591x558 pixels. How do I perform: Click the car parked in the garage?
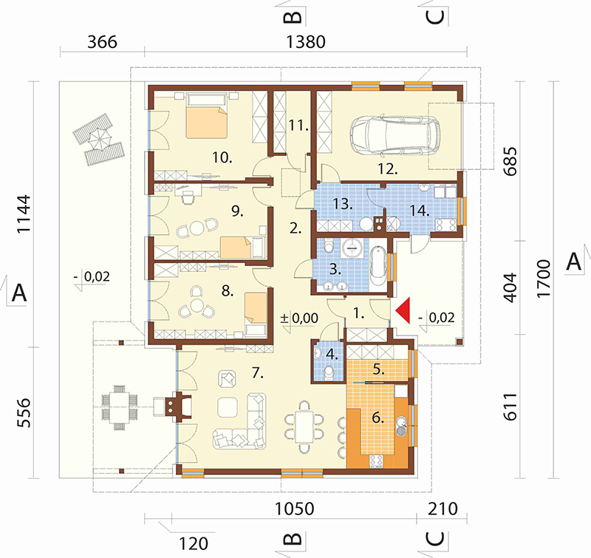click(394, 136)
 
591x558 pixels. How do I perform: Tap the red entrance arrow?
click(403, 310)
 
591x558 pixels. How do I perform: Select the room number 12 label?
click(388, 169)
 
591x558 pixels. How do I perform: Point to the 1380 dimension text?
click(306, 42)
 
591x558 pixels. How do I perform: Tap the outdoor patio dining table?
click(120, 407)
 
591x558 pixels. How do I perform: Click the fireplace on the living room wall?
click(177, 406)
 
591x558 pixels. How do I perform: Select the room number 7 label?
click(257, 373)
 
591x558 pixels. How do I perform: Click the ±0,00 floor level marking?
click(300, 319)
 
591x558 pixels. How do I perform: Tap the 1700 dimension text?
click(543, 279)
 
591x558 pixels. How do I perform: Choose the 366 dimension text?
click(102, 42)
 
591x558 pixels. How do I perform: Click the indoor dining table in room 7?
click(304, 426)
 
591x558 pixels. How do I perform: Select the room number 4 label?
click(332, 354)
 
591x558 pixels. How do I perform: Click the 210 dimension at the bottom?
click(443, 509)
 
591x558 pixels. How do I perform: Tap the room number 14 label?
click(420, 211)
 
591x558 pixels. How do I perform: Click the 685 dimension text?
click(510, 161)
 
